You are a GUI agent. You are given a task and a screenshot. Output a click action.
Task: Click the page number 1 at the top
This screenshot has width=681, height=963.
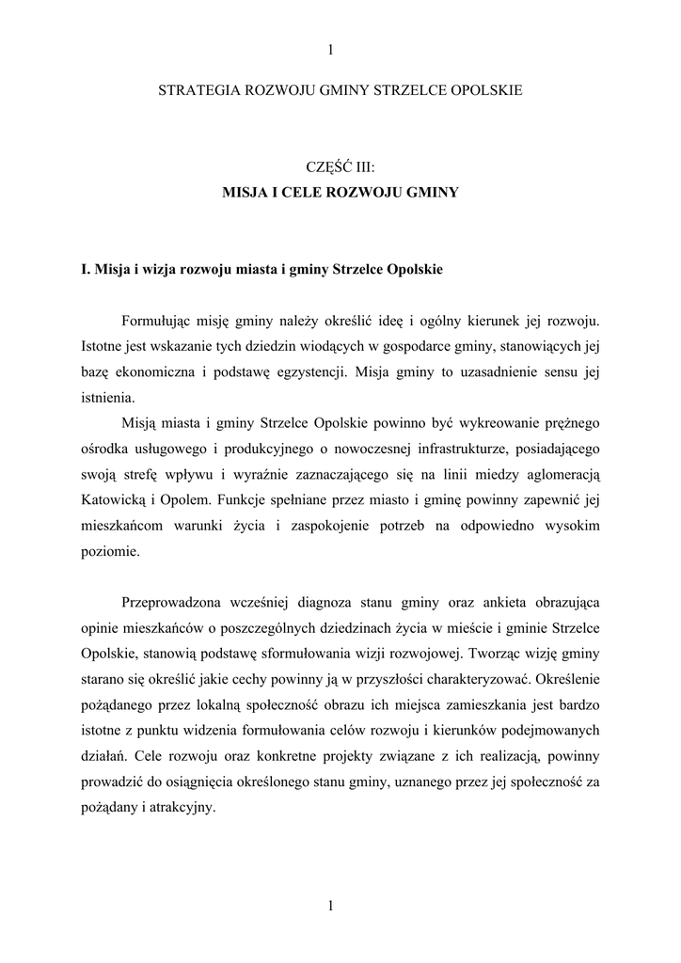[331, 50]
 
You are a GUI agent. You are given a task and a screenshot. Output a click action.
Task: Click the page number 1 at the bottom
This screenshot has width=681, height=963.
[331, 906]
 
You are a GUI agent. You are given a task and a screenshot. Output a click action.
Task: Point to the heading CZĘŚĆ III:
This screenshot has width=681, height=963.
[340, 167]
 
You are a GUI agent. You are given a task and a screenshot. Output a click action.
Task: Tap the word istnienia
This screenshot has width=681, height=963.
[108, 396]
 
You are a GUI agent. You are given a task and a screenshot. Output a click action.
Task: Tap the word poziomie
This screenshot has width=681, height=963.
[111, 552]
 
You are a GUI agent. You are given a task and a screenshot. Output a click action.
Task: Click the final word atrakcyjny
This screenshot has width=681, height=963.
[188, 806]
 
